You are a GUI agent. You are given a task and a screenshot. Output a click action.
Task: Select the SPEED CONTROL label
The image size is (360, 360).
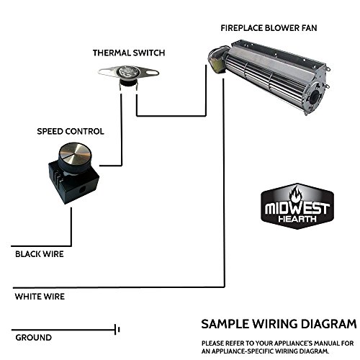coord(71,132)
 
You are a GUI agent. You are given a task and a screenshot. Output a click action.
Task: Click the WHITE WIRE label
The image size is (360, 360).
coord(40,296)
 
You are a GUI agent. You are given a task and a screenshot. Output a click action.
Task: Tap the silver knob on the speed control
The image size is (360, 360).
coord(73,150)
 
